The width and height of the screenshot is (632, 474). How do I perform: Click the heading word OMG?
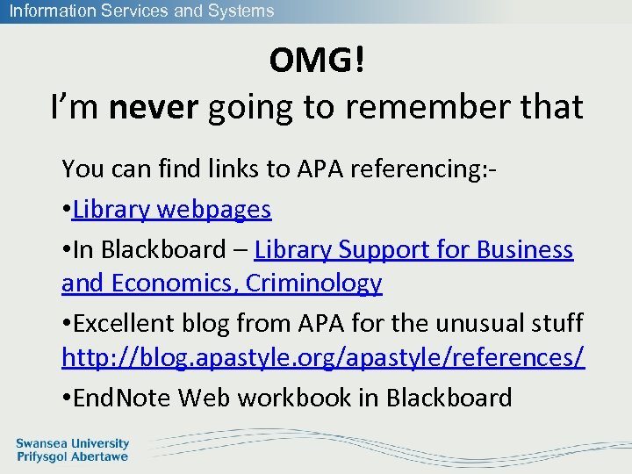pos(316,61)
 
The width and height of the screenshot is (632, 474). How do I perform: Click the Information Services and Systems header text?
pos(141,11)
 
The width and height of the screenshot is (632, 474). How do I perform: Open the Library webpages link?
pos(172,209)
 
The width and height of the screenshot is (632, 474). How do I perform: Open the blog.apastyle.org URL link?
pos(323,359)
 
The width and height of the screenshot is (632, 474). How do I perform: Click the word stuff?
pos(557,323)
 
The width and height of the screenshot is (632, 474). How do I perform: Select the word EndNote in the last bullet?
pos(123,398)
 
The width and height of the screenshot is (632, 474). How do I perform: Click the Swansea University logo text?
pos(73,444)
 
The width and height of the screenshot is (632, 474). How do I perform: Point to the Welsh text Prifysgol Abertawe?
pos(73,456)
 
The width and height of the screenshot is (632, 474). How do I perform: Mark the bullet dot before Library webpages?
pos(67,211)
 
